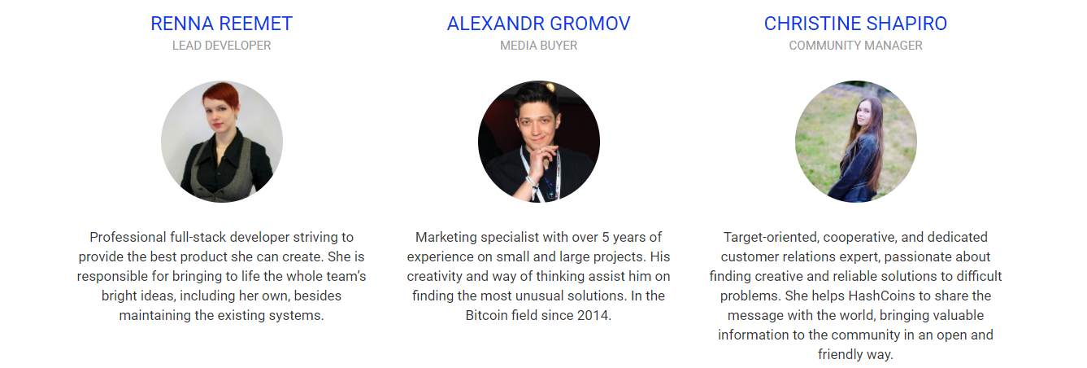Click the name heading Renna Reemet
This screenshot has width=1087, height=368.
point(221,24)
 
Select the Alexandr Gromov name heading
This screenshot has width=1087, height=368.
point(539,24)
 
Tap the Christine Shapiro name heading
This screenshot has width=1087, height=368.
point(855,24)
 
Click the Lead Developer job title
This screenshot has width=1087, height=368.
point(221,46)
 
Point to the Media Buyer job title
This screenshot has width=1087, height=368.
point(539,46)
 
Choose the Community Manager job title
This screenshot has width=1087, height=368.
point(855,46)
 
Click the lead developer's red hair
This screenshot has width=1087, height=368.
point(221,94)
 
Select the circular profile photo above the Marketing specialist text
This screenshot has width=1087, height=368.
point(539,142)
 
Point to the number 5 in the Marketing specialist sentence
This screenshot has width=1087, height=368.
point(605,237)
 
